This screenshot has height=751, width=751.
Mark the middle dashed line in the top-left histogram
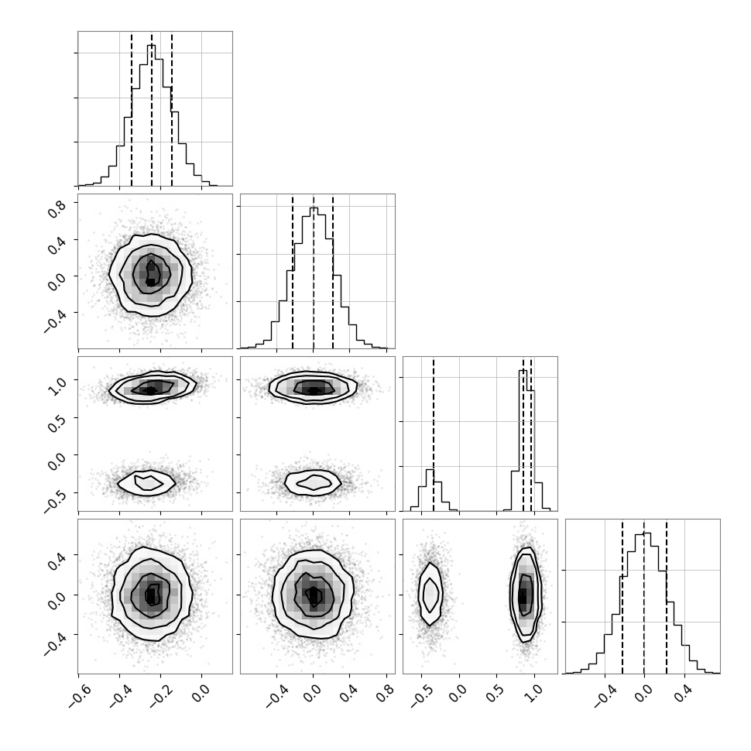coord(152,108)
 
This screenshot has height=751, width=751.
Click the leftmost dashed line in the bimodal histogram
coord(434,434)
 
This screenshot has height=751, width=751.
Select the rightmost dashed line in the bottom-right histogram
coord(667,596)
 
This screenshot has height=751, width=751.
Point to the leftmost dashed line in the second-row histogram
coord(293,272)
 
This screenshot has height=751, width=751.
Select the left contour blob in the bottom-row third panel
coord(430,594)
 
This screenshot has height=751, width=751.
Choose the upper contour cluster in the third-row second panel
coord(313,388)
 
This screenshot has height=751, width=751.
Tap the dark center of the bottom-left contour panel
coord(151,596)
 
